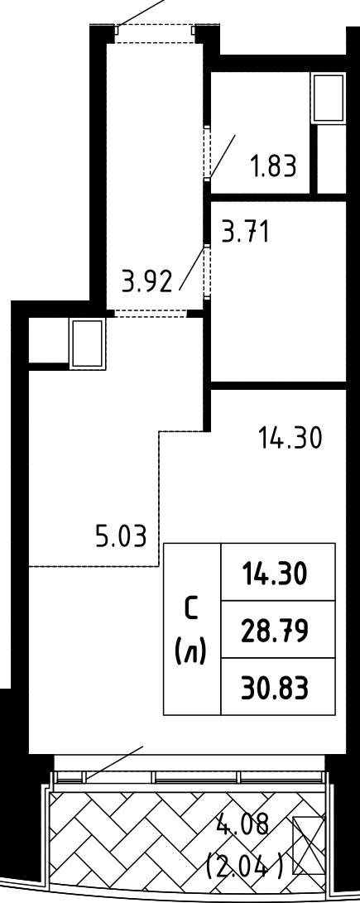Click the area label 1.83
(273, 166)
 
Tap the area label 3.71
(246, 233)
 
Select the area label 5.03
(121, 536)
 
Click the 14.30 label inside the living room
(290, 439)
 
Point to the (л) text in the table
(192, 654)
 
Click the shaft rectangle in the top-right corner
(327, 98)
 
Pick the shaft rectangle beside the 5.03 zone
(88, 343)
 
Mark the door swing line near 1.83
(222, 156)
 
